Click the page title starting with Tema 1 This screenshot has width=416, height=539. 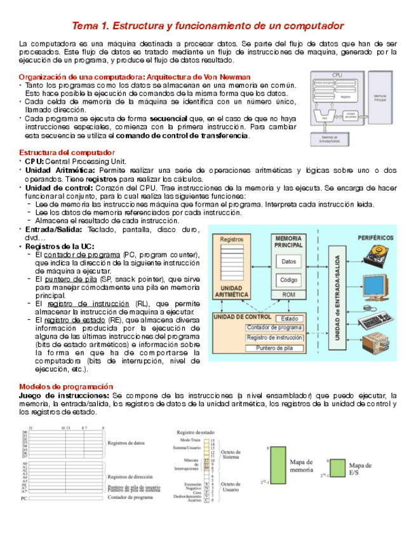coord(208,26)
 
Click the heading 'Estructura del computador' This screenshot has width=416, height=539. coord(67,153)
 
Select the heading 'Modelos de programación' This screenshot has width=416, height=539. coord(66,386)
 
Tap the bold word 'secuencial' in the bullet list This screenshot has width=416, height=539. coord(169,119)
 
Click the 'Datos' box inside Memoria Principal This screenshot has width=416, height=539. coord(288,261)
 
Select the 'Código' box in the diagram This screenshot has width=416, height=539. coord(288,280)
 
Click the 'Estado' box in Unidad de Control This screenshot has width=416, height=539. coord(289,318)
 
